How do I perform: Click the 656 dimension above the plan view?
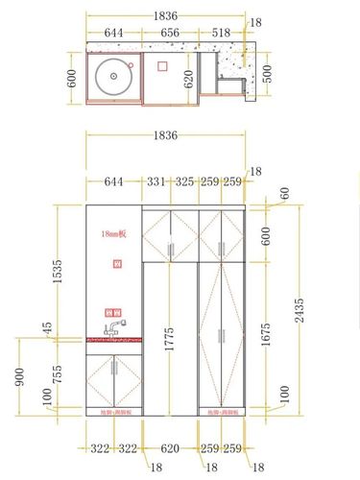(x=169, y=32)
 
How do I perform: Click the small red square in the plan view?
(x=162, y=66)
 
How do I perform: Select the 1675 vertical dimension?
(x=267, y=332)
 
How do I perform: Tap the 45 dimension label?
(x=46, y=328)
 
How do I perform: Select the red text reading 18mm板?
(x=113, y=233)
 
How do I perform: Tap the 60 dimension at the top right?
(x=284, y=194)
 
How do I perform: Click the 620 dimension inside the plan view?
(x=189, y=77)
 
